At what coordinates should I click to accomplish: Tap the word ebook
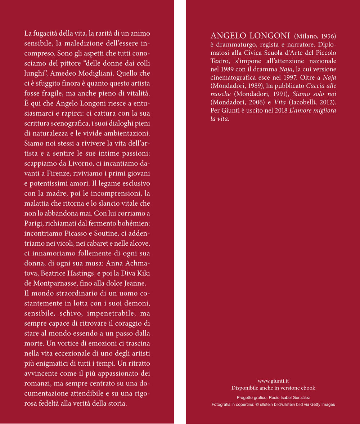pyautogui.click(x=308, y=388)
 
